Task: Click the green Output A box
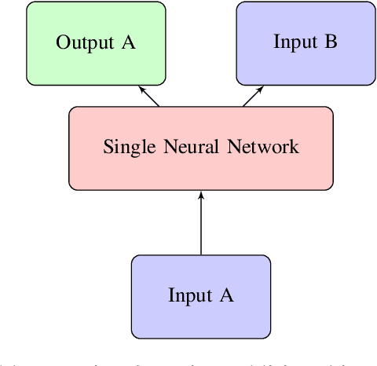tap(96, 43)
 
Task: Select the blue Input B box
tap(305, 43)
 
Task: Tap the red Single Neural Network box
tap(201, 148)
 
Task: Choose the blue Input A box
tap(201, 295)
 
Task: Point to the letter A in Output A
tap(127, 42)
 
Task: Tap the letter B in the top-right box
tap(331, 42)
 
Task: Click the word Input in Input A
tap(189, 295)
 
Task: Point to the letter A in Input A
tap(226, 295)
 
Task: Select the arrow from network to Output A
tap(151, 96)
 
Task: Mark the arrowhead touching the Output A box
tap(143, 88)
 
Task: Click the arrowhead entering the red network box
tap(201, 195)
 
